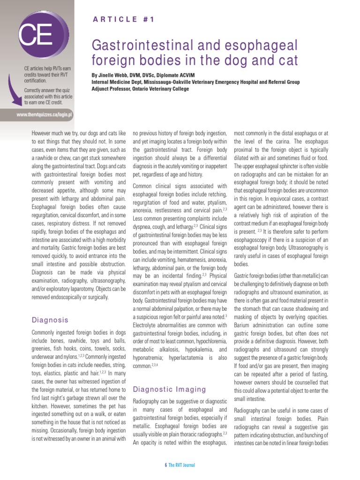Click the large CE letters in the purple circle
pyautogui.click(x=35, y=34)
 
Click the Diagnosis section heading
pyautogui.click(x=50, y=320)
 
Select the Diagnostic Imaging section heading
pyautogui.click(x=170, y=389)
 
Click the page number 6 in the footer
pyautogui.click(x=166, y=465)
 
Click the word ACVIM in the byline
pyautogui.click(x=185, y=75)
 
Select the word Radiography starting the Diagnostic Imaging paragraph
pyautogui.click(x=146, y=402)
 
